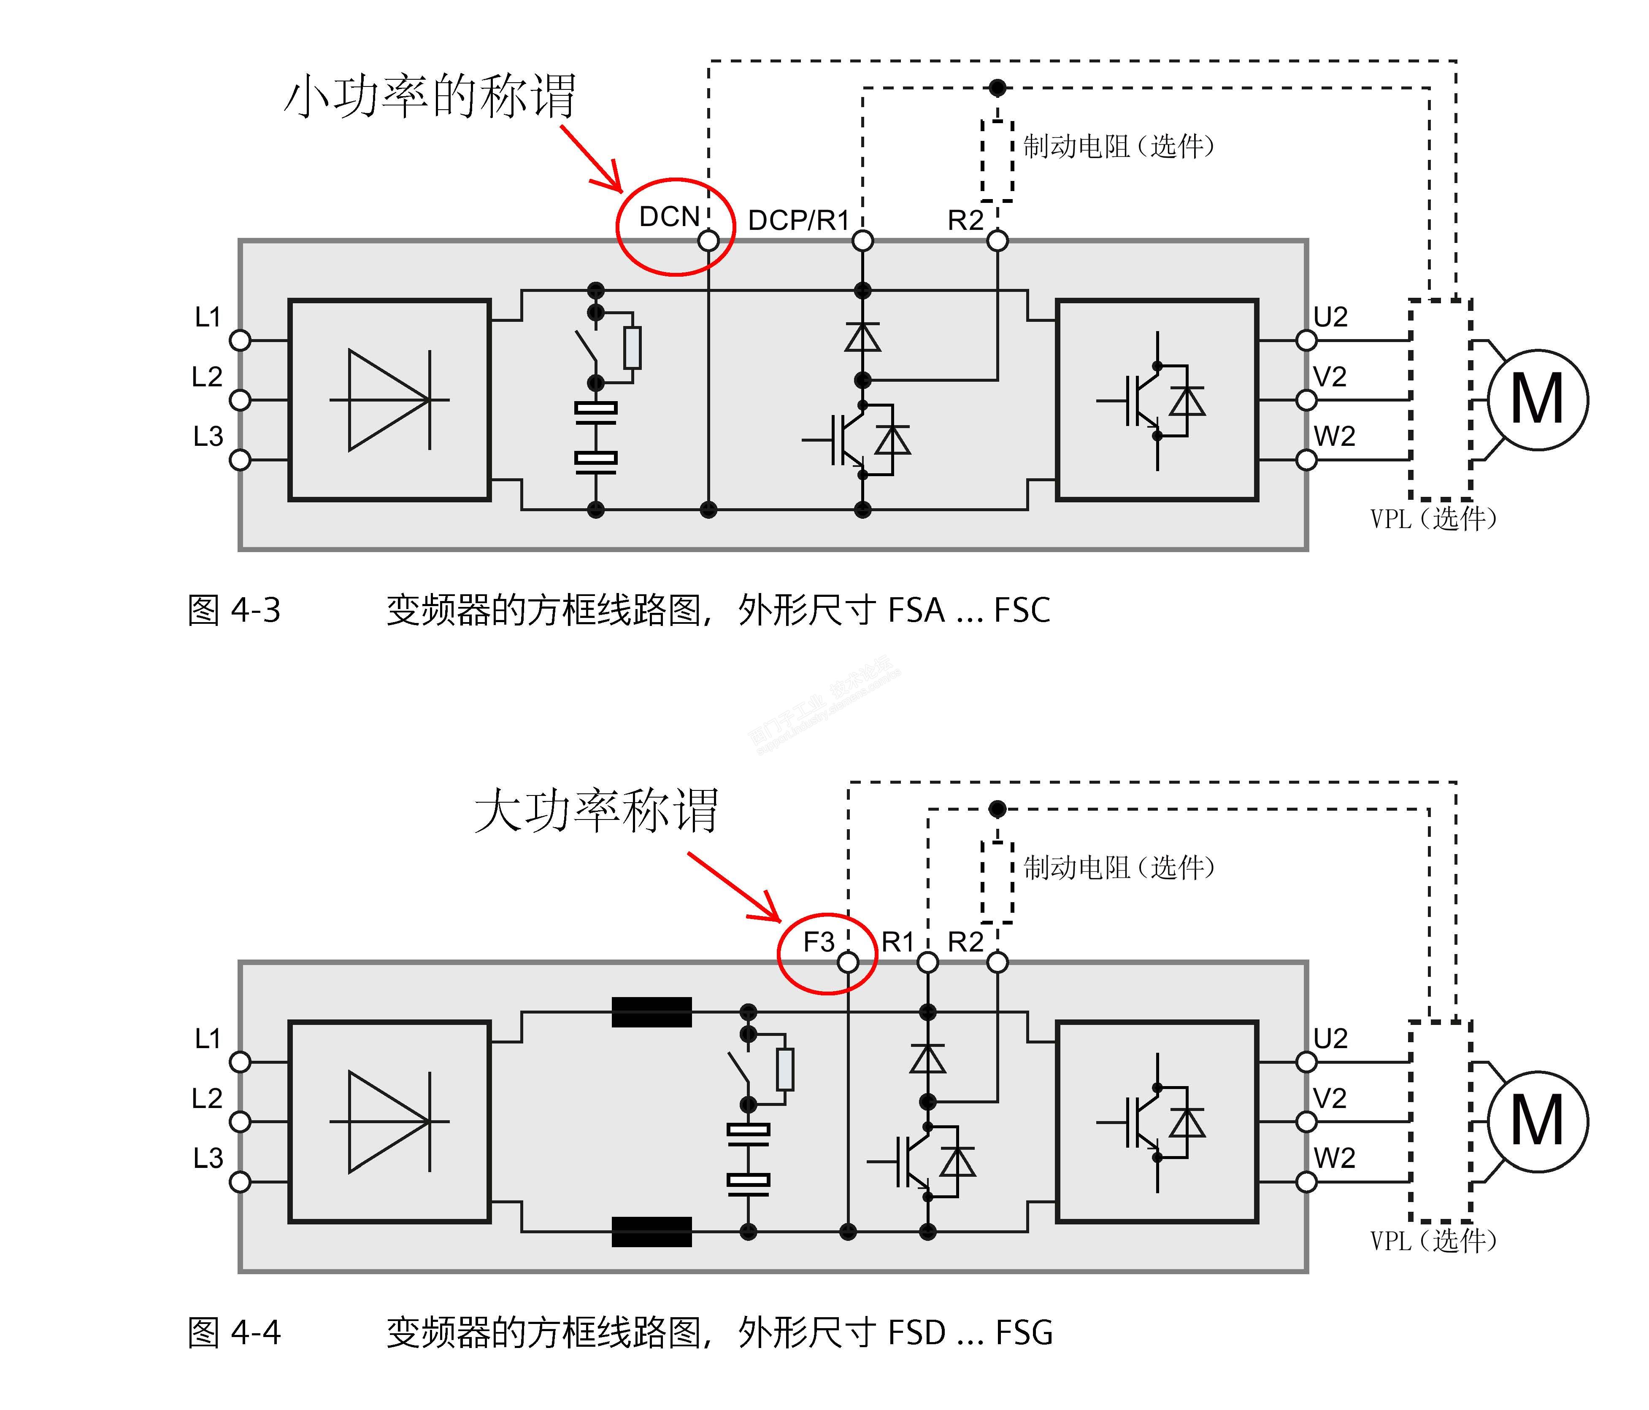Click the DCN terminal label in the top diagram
(x=668, y=216)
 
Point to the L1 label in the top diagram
(x=208, y=317)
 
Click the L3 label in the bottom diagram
(x=208, y=1158)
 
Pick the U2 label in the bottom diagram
(x=1330, y=1038)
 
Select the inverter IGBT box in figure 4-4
(x=1157, y=1121)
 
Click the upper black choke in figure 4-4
(x=651, y=1012)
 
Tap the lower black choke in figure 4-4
(x=651, y=1232)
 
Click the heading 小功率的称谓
(x=430, y=97)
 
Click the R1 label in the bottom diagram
(x=898, y=942)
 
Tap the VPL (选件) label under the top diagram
(x=1433, y=519)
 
